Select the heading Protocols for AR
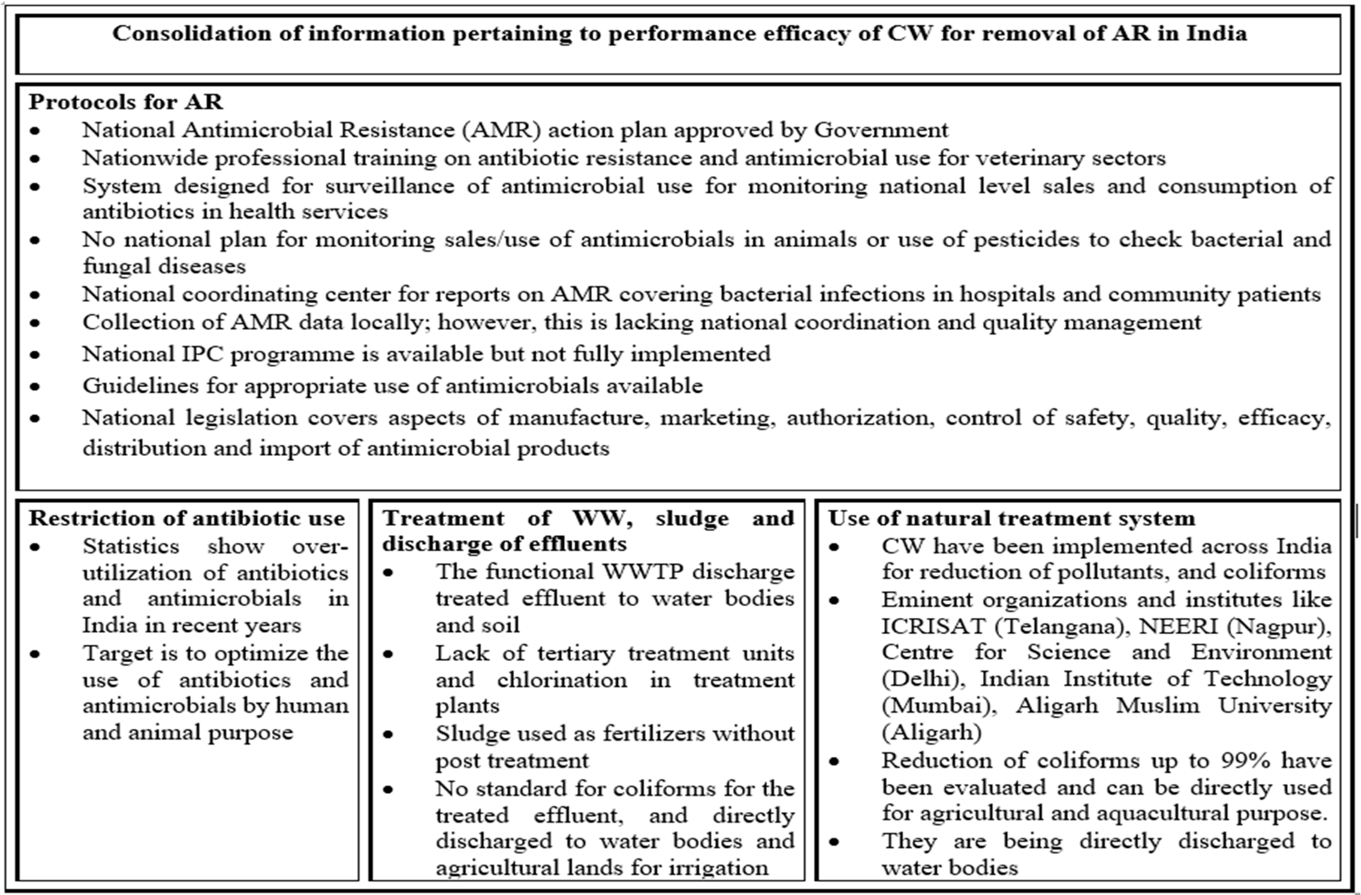coord(126,102)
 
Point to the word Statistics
coord(131,546)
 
